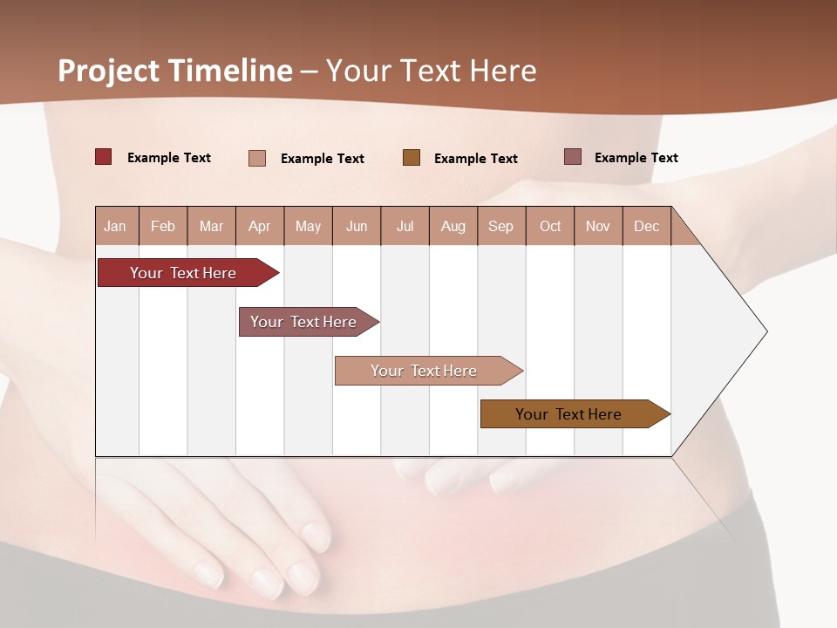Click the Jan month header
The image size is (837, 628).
(x=115, y=226)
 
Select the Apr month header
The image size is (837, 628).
(x=260, y=226)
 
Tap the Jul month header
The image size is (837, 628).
(x=405, y=226)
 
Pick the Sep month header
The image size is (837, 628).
(x=500, y=226)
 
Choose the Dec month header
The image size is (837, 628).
(x=646, y=226)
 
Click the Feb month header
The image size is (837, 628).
(x=163, y=226)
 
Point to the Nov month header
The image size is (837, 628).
(x=598, y=226)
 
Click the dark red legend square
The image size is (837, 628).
(x=103, y=157)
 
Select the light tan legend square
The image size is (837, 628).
(x=257, y=158)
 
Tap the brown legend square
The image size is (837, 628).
(x=412, y=158)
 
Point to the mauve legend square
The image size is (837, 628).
(x=573, y=157)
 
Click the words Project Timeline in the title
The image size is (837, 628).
(x=175, y=71)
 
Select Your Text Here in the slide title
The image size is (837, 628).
(x=432, y=71)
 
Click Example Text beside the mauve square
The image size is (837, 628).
(x=636, y=158)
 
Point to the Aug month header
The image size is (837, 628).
(x=453, y=226)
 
